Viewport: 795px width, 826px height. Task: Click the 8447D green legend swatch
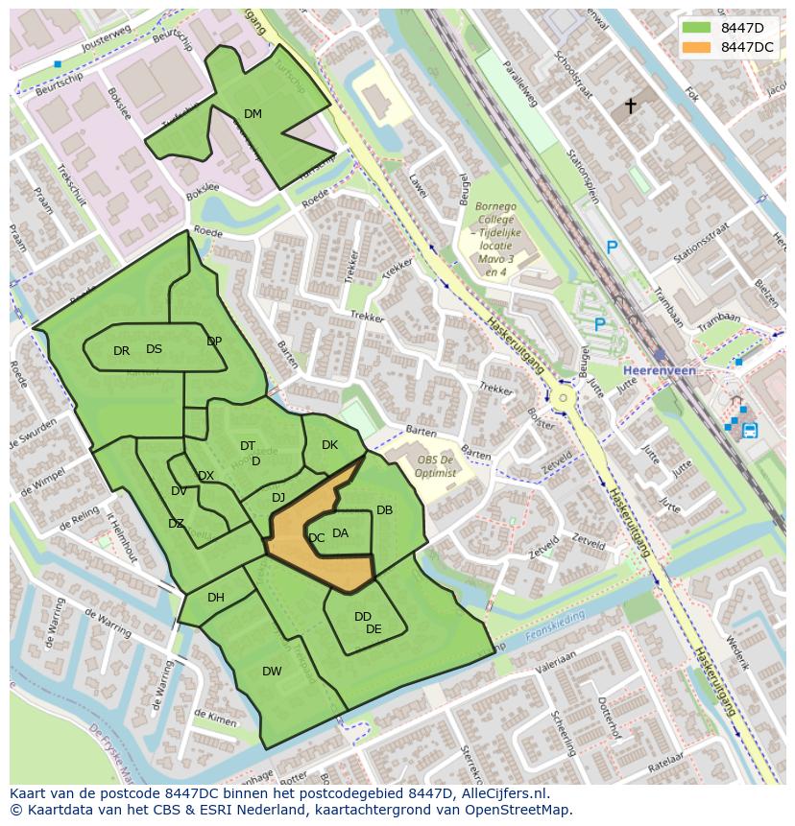coord(697,28)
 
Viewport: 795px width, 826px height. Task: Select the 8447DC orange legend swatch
coord(697,47)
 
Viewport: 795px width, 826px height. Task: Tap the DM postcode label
coord(253,114)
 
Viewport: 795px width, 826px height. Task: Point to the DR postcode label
coord(121,351)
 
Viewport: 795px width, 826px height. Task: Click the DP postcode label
coord(214,342)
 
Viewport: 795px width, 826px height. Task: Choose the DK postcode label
coord(329,445)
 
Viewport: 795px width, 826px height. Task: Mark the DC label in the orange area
coord(317,538)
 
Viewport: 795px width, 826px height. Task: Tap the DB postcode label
coord(384,510)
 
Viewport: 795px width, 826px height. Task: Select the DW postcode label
coord(272,672)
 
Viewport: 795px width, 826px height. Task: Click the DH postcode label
coord(216,598)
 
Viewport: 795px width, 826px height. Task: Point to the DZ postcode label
coord(176,524)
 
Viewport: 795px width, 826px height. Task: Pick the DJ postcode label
coord(278,497)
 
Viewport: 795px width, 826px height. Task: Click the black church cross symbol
coord(631,106)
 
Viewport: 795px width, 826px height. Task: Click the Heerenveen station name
coord(659,370)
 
